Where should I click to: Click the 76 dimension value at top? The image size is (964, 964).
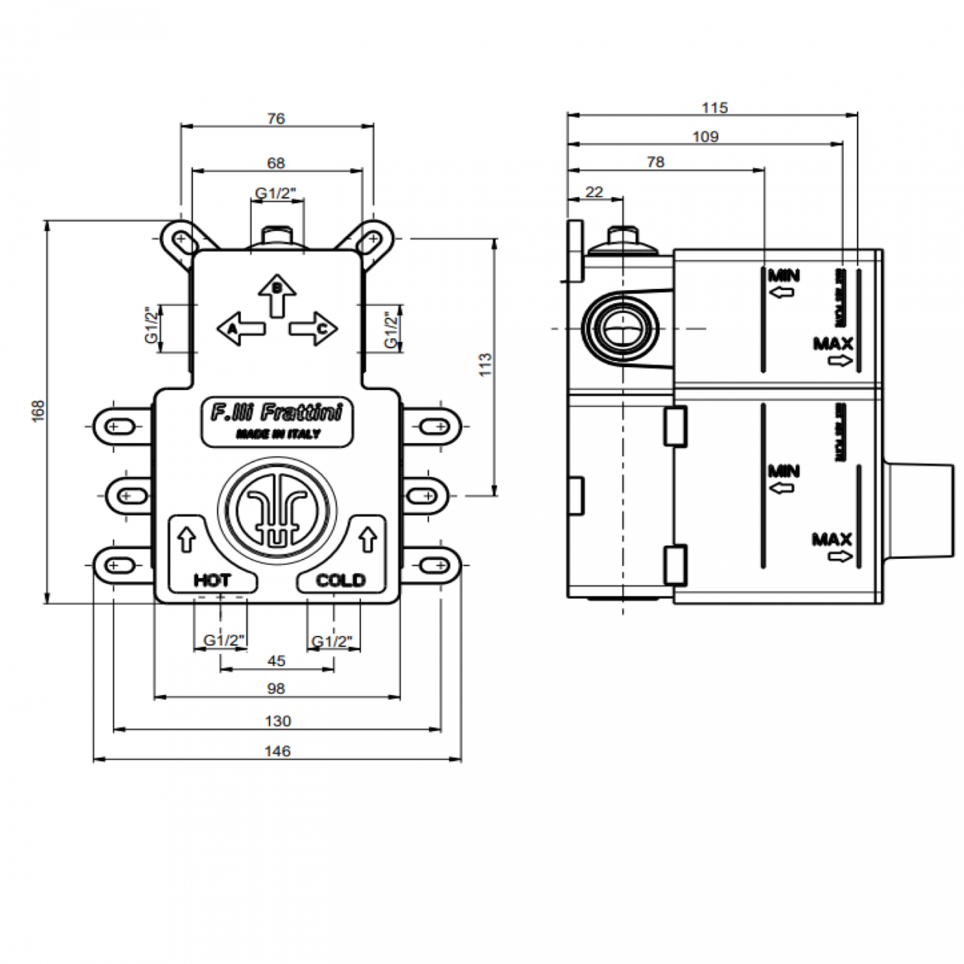tap(276, 119)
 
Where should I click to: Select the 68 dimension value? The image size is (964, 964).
tap(276, 162)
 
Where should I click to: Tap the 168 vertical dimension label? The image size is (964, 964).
tap(39, 412)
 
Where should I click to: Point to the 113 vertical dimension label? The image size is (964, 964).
tap(486, 364)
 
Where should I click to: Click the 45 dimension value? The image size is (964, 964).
tap(276, 661)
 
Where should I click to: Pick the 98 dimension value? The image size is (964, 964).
tap(276, 689)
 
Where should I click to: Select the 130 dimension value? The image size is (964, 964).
tap(277, 721)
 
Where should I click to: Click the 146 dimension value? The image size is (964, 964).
tap(277, 751)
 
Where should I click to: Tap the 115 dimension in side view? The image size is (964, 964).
tap(714, 108)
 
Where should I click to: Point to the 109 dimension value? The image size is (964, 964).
tap(705, 136)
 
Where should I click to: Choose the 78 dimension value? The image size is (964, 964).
tap(656, 162)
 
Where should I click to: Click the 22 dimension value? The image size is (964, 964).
tap(594, 192)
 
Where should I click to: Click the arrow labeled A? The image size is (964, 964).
tap(241, 328)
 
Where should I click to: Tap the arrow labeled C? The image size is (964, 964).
tap(314, 328)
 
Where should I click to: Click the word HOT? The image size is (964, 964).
tap(212, 580)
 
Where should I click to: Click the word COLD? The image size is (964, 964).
tap(340, 580)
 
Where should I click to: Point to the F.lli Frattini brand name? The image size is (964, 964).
tap(277, 412)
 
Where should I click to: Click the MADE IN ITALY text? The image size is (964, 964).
tap(278, 434)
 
